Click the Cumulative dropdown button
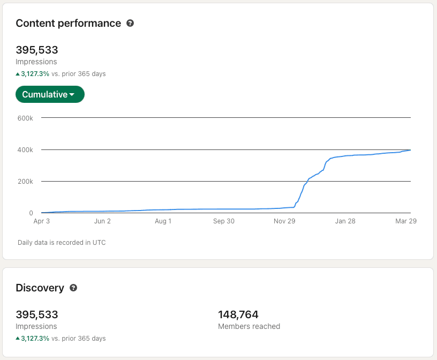(x=50, y=94)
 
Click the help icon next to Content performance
(x=130, y=23)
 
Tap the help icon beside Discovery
(x=73, y=288)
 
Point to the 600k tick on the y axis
(x=25, y=118)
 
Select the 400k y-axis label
(x=25, y=149)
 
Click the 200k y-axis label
(x=25, y=181)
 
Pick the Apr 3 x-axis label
(x=41, y=221)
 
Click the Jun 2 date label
(x=102, y=221)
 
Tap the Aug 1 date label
(x=163, y=221)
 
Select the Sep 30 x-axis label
(x=223, y=221)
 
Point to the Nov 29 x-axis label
(x=284, y=221)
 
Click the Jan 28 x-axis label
(x=345, y=221)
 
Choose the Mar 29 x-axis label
(x=405, y=221)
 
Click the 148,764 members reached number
(x=238, y=314)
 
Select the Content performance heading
(x=69, y=23)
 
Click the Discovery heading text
(x=40, y=288)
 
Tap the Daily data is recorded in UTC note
(x=62, y=243)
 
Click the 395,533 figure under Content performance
(x=37, y=50)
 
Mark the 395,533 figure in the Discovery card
(x=37, y=314)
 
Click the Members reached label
(x=249, y=326)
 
